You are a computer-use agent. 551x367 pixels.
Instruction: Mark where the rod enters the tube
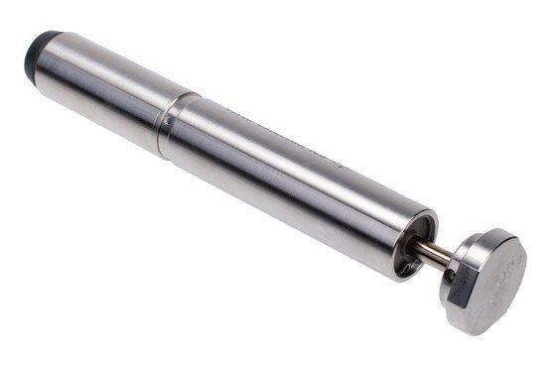click(417, 248)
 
